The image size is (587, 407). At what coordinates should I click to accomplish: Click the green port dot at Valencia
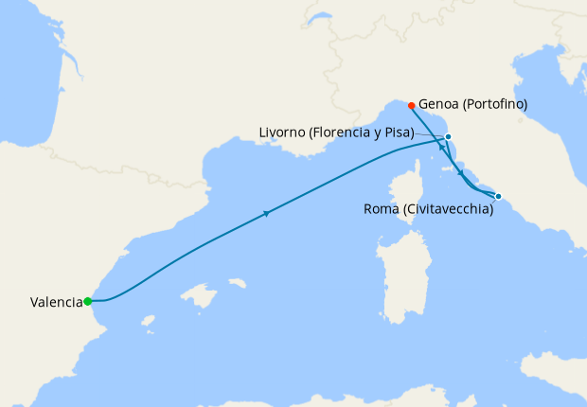point(87,301)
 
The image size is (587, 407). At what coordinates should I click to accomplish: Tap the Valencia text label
point(55,303)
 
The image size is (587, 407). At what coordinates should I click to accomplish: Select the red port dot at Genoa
point(412,105)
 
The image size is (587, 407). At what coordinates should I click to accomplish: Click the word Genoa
point(440,104)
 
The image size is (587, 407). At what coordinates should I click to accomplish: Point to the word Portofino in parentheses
point(495,104)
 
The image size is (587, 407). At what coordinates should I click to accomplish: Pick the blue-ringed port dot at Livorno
point(448,137)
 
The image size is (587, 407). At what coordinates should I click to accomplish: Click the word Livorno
point(282,133)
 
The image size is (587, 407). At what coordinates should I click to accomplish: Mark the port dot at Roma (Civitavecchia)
point(499,197)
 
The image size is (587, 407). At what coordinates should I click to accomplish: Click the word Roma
point(382,209)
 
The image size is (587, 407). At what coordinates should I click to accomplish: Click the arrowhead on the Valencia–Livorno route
point(268,213)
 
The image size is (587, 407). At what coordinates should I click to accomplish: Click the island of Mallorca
point(203,297)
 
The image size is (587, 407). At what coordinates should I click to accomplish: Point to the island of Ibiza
point(148,322)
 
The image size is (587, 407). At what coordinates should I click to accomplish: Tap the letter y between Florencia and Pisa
point(379,134)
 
